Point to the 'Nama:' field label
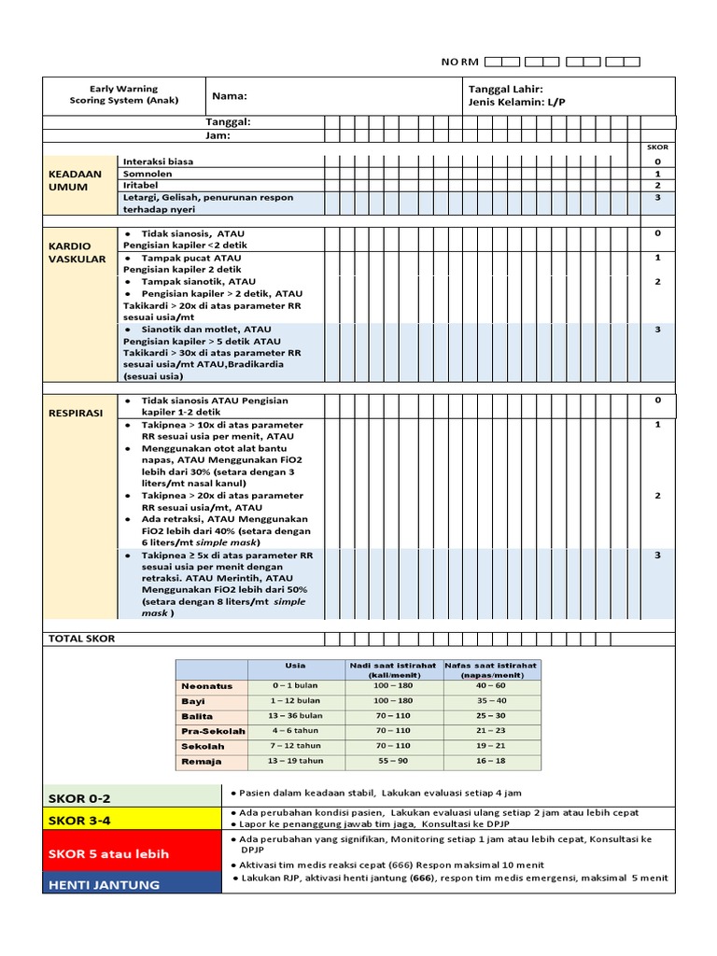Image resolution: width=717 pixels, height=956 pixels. pos(230,96)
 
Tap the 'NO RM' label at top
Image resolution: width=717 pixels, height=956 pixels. pos(459,62)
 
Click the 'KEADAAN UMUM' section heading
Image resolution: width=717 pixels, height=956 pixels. pos(75,180)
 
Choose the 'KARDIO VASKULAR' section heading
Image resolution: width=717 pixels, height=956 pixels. pos(77,251)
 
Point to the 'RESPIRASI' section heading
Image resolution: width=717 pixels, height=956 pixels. pos(76,411)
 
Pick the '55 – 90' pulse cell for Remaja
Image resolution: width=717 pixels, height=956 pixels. pos(392,761)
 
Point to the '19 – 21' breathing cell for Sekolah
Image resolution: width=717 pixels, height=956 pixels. pos(490,746)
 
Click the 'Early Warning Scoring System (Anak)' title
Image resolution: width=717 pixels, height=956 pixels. pos(123,94)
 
